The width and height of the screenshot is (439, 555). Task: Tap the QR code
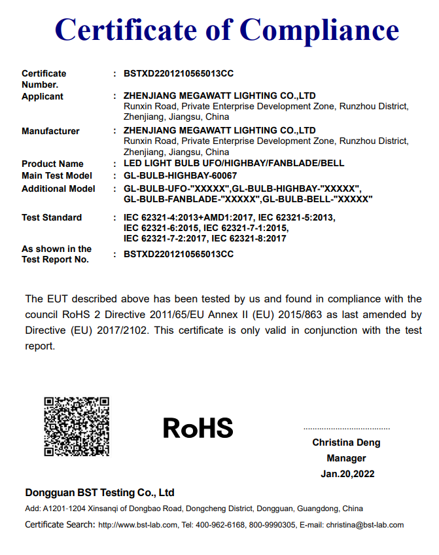pos(77,426)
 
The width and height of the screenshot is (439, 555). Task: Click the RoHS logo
pos(198,428)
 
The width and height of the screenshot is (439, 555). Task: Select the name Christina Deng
pos(346,442)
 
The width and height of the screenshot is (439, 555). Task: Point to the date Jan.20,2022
pos(347,474)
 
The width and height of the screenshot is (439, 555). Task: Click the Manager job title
pos(346,458)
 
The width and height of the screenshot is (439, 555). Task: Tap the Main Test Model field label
pos(57,175)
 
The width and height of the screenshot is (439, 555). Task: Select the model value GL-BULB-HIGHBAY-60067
pos(180,175)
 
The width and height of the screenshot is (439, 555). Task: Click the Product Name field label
pos(52,164)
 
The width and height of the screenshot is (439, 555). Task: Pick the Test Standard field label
pos(52,217)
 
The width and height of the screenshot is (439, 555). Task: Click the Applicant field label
pos(43,96)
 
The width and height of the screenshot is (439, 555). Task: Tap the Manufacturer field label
pos(50,131)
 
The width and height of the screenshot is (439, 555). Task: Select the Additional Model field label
pos(58,188)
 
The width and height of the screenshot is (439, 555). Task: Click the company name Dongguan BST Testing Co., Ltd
pos(99,492)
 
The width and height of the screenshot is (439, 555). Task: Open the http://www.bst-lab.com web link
pos(137,525)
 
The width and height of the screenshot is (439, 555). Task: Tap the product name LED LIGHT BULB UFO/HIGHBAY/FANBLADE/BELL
pos(234,164)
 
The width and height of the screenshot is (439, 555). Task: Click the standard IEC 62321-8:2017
pos(249,239)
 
